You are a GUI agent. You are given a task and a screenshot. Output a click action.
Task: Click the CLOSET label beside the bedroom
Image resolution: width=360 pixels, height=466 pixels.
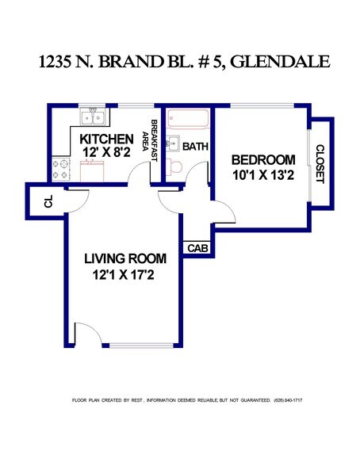tap(320, 163)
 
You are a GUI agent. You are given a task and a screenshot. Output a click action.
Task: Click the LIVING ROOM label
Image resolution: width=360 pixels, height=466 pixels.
tap(125, 258)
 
